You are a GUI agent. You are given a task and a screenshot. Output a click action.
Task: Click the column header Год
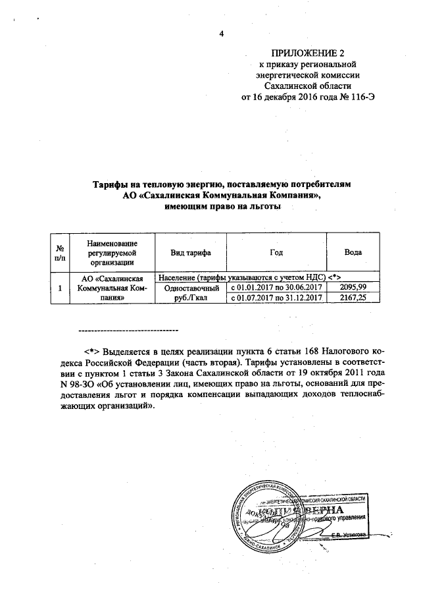tap(276, 253)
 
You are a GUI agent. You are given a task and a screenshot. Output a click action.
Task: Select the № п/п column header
tap(60, 253)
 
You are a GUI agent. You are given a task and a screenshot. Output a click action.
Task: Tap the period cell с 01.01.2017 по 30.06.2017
tap(276, 288)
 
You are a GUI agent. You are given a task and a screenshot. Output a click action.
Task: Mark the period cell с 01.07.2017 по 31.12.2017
tap(276, 298)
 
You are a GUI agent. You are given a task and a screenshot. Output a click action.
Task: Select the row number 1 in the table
tap(60, 288)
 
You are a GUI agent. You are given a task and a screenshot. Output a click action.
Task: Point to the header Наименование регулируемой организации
tap(111, 253)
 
